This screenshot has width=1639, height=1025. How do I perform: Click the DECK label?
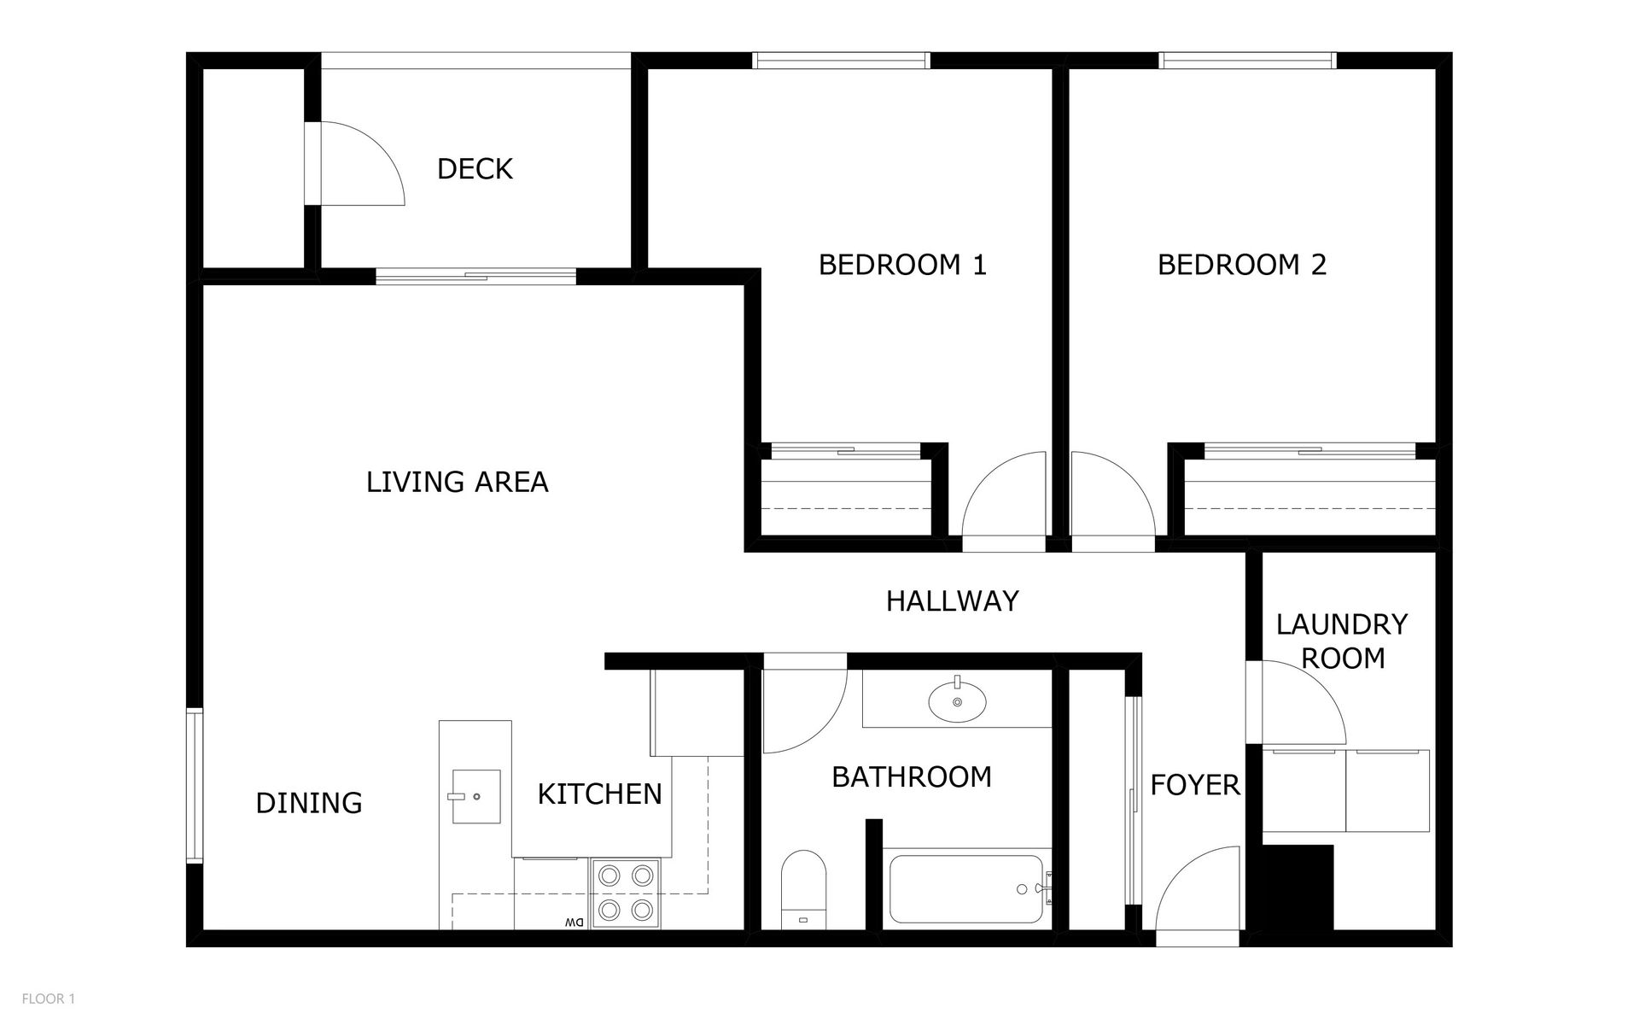(475, 169)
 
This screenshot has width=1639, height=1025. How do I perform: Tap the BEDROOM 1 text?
(902, 265)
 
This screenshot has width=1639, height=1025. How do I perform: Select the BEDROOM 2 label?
(1241, 265)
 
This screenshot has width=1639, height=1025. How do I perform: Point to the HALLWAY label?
(952, 601)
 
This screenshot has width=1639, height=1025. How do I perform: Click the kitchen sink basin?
(475, 796)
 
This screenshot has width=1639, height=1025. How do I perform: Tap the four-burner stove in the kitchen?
(626, 893)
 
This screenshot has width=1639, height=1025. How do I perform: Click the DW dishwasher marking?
(574, 922)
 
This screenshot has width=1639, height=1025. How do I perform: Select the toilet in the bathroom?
(804, 888)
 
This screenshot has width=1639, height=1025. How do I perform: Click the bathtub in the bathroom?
(965, 889)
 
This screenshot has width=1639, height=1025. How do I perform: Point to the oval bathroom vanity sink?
(957, 701)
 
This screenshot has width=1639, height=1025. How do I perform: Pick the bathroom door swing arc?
(802, 705)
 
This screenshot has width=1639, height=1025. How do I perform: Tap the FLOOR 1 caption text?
(49, 999)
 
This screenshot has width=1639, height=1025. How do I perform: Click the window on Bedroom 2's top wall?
(1246, 60)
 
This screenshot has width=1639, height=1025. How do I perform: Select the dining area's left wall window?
(195, 786)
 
